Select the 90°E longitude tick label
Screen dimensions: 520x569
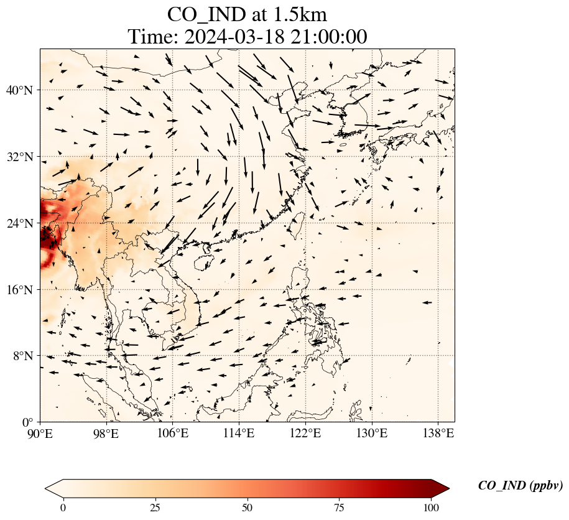(x=40, y=432)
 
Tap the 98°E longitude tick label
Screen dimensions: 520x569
(x=106, y=432)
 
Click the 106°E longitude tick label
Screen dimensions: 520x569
(x=173, y=432)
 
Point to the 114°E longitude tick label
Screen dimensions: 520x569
(x=239, y=432)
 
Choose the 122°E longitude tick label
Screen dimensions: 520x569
(x=305, y=432)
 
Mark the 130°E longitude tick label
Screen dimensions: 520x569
(x=371, y=432)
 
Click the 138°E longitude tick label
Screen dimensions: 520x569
(x=438, y=432)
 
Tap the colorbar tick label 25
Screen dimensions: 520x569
(x=155, y=508)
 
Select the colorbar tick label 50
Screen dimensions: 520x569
(x=247, y=508)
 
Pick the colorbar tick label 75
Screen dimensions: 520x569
(x=340, y=508)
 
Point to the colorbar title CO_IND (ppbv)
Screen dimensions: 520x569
(x=520, y=486)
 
